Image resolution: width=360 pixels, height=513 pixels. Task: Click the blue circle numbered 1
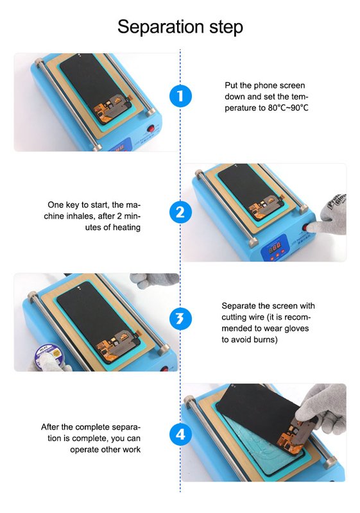pos(180,96)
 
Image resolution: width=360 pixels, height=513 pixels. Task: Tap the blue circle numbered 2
pos(180,212)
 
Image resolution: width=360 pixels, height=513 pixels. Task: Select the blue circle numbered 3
pos(180,318)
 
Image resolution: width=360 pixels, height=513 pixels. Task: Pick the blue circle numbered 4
pos(180,434)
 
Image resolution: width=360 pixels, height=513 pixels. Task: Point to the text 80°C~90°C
pos(288,108)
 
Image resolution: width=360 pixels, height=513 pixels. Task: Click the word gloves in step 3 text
pos(296,328)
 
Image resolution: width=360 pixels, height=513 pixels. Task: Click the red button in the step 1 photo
pos(151,128)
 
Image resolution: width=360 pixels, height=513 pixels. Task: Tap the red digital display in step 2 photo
pos(274,247)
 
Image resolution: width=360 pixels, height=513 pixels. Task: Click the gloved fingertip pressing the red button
pos(310,227)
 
